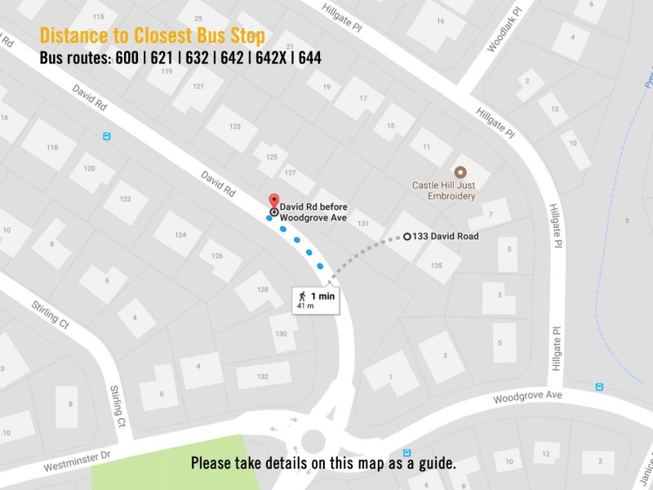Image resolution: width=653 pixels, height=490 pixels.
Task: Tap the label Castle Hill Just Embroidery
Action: coord(443,191)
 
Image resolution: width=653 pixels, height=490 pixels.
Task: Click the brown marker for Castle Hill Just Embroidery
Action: coord(460,171)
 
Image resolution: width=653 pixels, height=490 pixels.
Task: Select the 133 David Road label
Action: coord(446,237)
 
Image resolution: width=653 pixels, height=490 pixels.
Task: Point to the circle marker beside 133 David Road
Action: coord(407,237)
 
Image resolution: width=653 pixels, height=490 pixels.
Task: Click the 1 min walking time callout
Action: coord(316,299)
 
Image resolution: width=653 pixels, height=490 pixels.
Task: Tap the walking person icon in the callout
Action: coord(302,296)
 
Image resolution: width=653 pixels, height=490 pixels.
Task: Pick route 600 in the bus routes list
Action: coord(127,58)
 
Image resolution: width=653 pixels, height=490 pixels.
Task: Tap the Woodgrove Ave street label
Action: coord(527,396)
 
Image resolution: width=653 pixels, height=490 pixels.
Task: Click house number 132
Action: coord(263,376)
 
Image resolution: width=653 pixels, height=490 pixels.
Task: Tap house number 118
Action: coord(52,147)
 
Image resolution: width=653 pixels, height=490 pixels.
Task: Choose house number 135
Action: coord(436,265)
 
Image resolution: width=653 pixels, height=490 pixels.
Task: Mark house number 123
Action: coord(235,126)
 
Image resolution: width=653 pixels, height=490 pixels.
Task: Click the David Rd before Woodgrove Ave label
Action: coord(313,212)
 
